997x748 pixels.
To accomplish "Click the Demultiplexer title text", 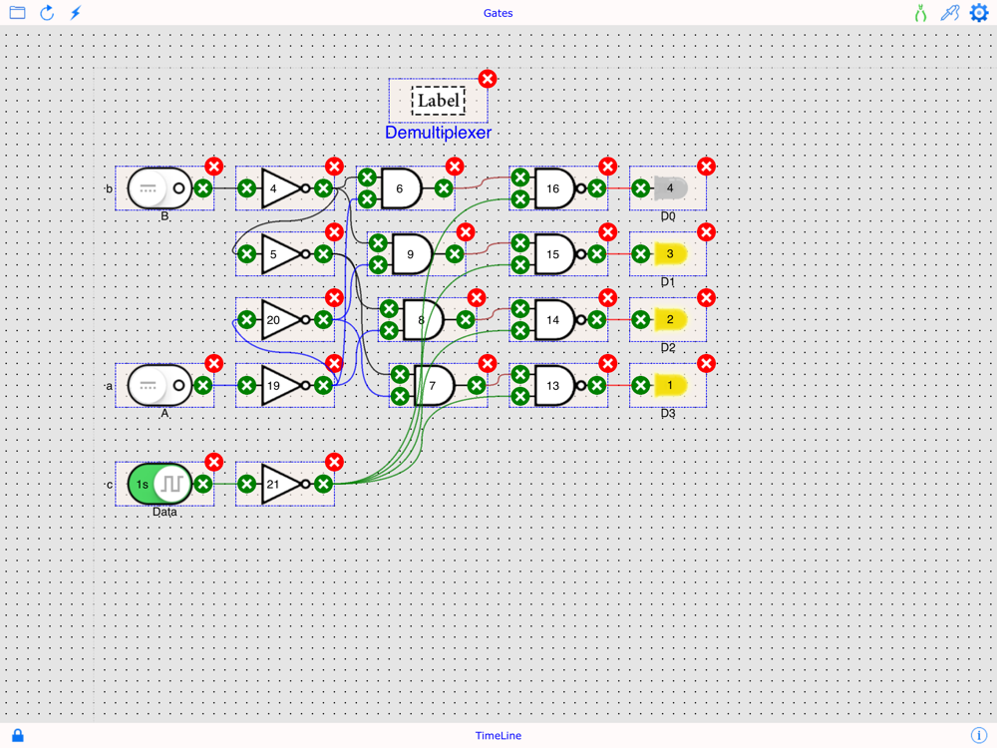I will pyautogui.click(x=438, y=133).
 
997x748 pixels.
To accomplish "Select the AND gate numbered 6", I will pyautogui.click(x=402, y=188).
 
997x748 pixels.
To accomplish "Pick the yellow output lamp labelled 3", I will pyautogui.click(x=671, y=254).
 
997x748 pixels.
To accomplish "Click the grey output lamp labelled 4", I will pyautogui.click(x=671, y=188).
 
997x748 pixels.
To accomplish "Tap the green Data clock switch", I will pyautogui.click(x=160, y=485).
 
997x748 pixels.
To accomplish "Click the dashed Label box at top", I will pyautogui.click(x=439, y=101).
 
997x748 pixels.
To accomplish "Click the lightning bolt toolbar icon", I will pyautogui.click(x=76, y=13).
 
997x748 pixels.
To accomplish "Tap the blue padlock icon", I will pyautogui.click(x=17, y=735).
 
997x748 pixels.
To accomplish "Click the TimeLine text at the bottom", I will pyautogui.click(x=498, y=736).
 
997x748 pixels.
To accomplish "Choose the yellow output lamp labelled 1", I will pyautogui.click(x=671, y=385).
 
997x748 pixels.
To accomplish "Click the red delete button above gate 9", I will pyautogui.click(x=466, y=232).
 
